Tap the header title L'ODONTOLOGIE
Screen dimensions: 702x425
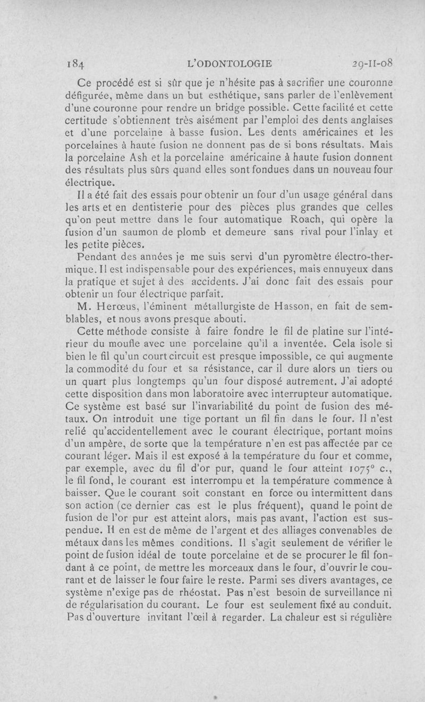pyautogui.click(x=230, y=64)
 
